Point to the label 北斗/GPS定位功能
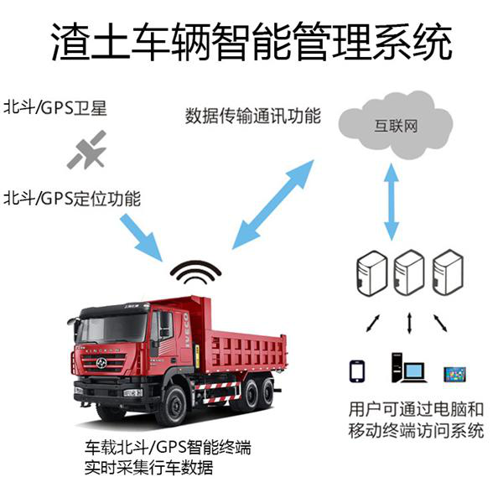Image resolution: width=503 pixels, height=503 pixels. coord(72,199)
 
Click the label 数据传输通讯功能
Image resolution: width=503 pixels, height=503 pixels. coord(252,116)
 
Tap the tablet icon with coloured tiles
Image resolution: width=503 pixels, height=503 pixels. coord(455,371)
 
